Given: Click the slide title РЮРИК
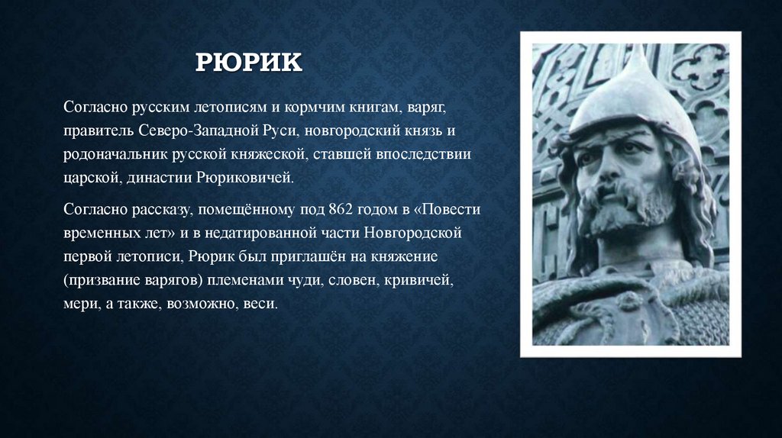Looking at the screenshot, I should click(x=248, y=62).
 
